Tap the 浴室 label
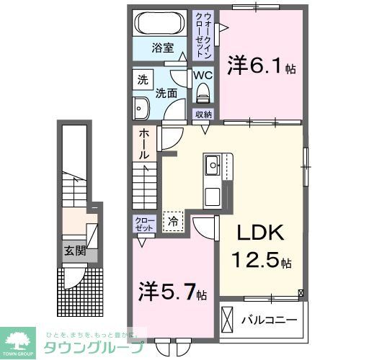pos(162,48)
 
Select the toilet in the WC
pos(203,91)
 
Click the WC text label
pos(203,74)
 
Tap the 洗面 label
pos(168,92)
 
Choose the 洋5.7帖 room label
pos(174,293)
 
